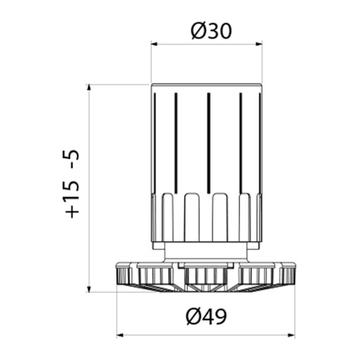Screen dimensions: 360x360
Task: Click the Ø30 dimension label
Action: coord(207,31)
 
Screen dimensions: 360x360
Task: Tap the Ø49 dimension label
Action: coord(207,318)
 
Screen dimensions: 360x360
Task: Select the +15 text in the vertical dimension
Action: coord(73,199)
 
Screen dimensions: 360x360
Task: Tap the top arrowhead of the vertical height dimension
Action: coord(90,88)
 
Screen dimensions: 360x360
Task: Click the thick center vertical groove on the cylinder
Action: coord(208,141)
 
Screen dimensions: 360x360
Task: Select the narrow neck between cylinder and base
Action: coord(207,250)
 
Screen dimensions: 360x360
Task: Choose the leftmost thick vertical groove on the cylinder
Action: coord(175,141)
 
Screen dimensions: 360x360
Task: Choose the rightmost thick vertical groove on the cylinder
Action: coord(241,141)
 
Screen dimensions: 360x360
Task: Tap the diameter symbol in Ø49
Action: coord(193,318)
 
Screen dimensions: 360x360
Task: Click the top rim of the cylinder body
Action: coord(207,85)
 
